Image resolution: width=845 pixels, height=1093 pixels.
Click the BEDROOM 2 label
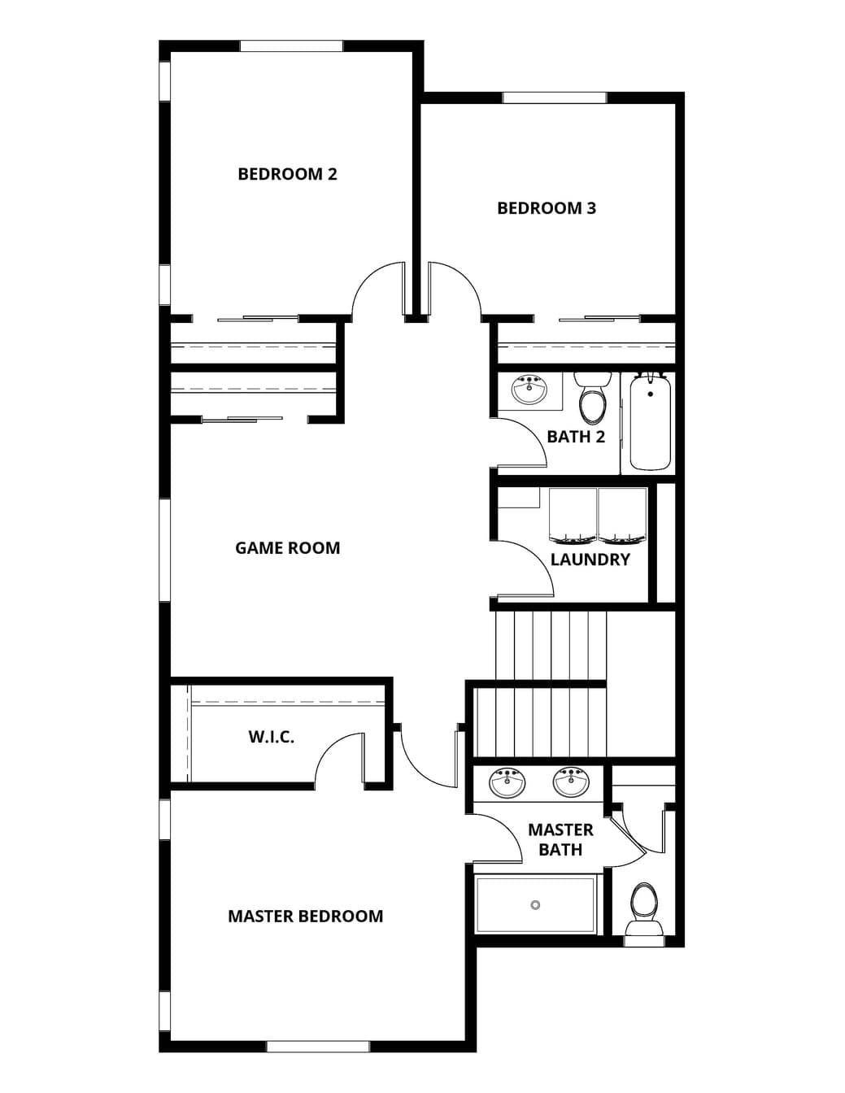tap(287, 175)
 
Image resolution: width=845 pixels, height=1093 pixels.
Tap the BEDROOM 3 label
tap(547, 208)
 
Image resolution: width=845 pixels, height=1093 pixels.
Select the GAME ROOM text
tap(288, 548)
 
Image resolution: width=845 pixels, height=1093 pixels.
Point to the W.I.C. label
tap(272, 738)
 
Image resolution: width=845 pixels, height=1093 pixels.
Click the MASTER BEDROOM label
tap(306, 917)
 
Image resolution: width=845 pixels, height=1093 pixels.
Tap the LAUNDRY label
tap(590, 560)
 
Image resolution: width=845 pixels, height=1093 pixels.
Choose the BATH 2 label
tap(576, 437)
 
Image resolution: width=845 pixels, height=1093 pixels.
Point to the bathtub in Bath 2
tap(651, 422)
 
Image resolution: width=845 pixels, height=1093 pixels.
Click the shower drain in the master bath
tap(535, 905)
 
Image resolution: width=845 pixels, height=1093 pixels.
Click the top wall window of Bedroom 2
tap(292, 46)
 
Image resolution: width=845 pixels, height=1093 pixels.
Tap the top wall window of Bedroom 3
tap(555, 98)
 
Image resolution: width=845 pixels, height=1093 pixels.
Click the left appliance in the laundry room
tap(573, 516)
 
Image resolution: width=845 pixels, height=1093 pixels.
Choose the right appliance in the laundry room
tap(622, 516)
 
